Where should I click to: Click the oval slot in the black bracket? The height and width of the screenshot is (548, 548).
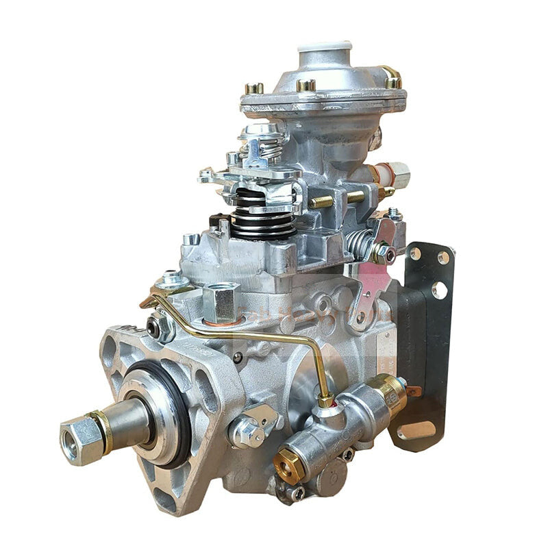point(417,429)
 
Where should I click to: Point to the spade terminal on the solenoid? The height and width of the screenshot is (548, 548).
point(412,392)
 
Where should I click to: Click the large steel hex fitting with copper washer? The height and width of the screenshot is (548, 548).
point(221,301)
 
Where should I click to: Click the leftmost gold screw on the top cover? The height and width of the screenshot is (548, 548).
point(254,88)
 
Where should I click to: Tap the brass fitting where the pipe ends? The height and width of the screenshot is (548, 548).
point(325,399)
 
